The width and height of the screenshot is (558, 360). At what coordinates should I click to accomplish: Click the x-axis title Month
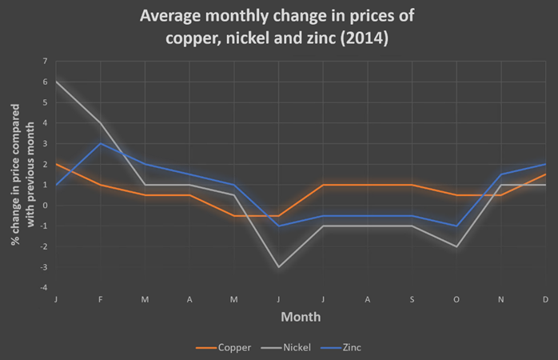pos(301,317)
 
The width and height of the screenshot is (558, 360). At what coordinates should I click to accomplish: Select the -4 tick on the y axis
pos(45,287)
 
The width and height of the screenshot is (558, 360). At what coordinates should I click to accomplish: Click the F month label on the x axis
pos(100,298)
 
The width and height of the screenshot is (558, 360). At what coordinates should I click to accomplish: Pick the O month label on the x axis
pos(456,298)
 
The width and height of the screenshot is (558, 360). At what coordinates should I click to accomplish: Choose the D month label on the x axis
pos(545,298)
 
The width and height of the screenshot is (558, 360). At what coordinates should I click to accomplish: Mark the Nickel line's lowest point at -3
pos(278,266)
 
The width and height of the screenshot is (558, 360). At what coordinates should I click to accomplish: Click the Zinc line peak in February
pos(100,143)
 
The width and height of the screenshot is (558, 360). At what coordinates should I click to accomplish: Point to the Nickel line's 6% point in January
pos(56,82)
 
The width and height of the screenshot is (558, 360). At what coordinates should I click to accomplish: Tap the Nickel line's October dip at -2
pos(456,246)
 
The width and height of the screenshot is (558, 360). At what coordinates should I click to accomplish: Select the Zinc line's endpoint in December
pos(545,164)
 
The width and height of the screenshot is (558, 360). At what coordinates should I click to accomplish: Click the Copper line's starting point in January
pos(56,164)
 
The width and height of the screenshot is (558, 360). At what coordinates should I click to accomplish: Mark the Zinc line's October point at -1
pos(456,226)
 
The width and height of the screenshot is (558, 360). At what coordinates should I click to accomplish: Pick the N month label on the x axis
pos(501,298)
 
